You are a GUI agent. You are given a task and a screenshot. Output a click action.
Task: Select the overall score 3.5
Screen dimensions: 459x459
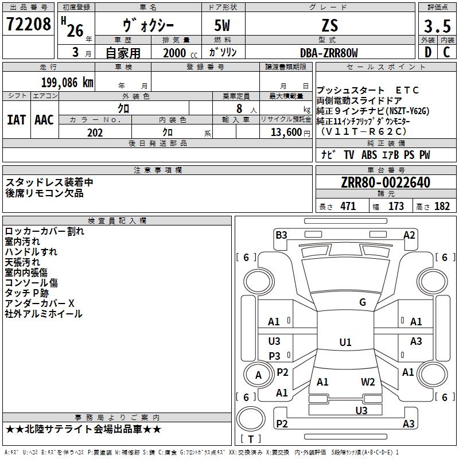point(437,26)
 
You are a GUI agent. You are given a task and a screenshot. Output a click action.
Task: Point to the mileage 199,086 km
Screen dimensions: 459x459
point(67,82)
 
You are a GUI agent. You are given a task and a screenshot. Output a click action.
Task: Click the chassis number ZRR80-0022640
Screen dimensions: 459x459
point(385,183)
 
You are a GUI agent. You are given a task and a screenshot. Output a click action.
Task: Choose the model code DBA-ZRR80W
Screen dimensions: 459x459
point(329,53)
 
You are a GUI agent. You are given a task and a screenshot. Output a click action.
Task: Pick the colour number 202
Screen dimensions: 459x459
point(95,133)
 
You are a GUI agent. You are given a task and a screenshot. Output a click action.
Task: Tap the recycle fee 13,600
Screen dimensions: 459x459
point(285,133)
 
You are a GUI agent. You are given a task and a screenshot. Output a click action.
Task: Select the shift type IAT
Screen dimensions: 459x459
point(16,120)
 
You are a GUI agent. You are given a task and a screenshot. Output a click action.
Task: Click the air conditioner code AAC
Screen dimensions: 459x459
point(44,120)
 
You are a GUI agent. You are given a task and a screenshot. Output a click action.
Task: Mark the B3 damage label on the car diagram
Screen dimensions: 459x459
point(281,235)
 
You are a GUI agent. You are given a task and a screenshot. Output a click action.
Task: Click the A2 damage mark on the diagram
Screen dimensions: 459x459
point(409,235)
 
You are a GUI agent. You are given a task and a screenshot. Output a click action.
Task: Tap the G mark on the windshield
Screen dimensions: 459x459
point(362,302)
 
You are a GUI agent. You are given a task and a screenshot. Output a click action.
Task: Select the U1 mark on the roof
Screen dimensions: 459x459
point(345,343)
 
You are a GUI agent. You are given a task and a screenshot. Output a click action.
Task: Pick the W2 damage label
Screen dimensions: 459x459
point(368,382)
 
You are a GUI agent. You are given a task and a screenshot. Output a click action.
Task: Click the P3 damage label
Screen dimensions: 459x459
point(274,356)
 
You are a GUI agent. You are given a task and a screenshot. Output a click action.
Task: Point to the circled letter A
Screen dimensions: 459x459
point(258,376)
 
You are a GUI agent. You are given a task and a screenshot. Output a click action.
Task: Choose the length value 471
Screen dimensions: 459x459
point(346,207)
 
